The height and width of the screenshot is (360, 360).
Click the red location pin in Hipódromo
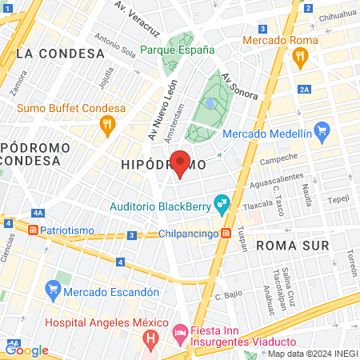181,163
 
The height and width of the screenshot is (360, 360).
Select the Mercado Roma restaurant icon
301,56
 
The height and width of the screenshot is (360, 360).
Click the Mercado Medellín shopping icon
322,130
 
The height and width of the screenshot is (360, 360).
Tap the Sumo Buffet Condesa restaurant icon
106,124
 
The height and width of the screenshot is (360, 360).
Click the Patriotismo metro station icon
34,230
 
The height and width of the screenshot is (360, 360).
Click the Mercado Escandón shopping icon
54,288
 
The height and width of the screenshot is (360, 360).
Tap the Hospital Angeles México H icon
150,339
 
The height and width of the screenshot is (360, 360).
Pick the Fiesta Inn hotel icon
180,331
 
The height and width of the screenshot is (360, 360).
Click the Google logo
27,350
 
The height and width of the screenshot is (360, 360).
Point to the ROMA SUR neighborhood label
292,246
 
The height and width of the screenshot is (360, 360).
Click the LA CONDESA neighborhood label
60,54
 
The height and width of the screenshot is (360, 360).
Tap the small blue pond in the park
210,103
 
